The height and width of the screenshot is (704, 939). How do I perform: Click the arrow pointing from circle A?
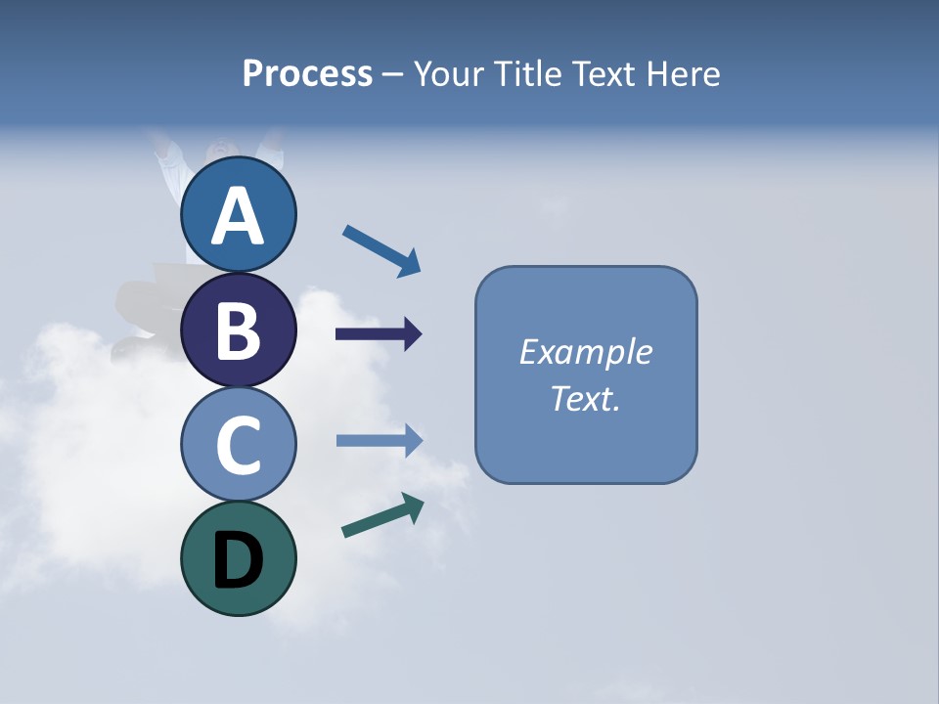tap(380, 249)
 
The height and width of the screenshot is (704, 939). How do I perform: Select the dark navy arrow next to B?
tap(378, 334)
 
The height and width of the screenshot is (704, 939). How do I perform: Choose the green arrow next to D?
tap(381, 515)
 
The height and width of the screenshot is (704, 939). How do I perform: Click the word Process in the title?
tap(307, 73)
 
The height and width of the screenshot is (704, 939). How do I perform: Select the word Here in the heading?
tap(684, 73)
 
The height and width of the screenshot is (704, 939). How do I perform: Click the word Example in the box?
tap(586, 352)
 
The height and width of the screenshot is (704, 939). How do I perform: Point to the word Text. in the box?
tap(586, 399)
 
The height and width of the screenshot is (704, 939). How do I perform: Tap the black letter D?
tap(238, 560)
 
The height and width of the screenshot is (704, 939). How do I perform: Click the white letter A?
tap(238, 217)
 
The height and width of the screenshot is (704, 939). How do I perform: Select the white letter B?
tap(238, 330)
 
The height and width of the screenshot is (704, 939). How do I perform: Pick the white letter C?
tap(238, 445)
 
